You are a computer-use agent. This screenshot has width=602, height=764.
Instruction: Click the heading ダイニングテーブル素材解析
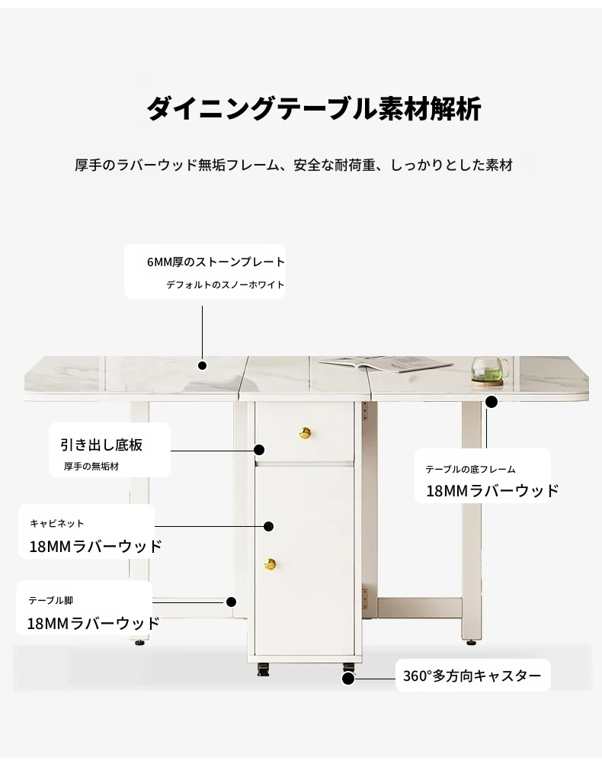313,109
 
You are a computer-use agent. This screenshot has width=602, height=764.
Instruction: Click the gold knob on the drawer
305,433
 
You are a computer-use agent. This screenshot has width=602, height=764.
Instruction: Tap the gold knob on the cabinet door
270,564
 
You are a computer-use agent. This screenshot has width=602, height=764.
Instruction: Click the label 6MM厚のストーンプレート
216,262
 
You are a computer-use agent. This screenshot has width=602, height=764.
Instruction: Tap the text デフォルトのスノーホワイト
225,285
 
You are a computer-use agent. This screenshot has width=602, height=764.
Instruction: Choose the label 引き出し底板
101,445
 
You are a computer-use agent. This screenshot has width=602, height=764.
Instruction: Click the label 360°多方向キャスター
472,676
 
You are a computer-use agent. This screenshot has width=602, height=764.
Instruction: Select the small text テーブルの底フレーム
470,470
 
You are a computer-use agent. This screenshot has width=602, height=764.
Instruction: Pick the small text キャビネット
57,524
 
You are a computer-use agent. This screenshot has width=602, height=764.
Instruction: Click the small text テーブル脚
51,601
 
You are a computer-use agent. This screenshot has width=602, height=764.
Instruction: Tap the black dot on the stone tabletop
203,366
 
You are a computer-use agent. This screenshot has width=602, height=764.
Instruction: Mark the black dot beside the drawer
260,451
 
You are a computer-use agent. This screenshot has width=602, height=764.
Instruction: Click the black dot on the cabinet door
269,526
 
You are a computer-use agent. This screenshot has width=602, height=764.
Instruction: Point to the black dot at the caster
348,676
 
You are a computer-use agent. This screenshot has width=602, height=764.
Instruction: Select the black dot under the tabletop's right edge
492,402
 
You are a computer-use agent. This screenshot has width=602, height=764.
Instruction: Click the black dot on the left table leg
229,602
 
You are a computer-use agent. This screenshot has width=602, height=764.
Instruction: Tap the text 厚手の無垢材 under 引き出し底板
91,467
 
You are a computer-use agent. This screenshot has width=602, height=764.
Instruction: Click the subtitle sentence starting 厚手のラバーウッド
293,165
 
